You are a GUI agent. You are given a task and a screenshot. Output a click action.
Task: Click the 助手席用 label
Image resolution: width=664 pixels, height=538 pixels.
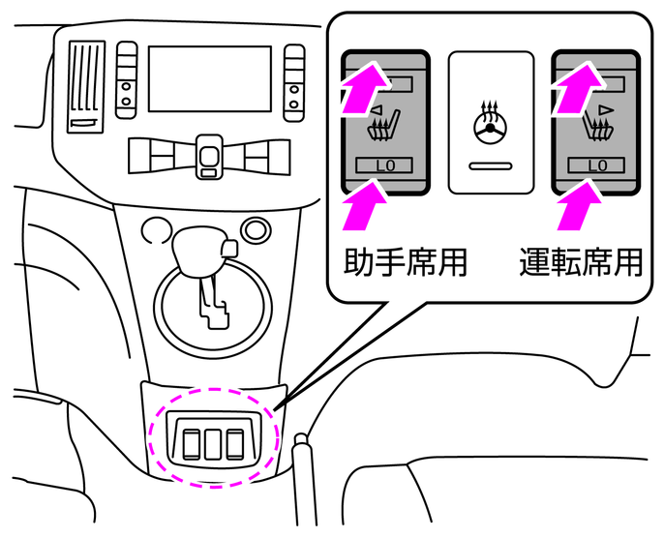pos(406,262)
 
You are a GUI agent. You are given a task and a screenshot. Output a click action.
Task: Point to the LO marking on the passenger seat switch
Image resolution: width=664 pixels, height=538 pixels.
pos(385,165)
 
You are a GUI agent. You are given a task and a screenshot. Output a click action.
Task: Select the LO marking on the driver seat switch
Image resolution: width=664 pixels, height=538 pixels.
pos(596,165)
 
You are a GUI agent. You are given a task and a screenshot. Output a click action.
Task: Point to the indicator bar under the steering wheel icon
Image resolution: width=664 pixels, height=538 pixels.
pos(490,165)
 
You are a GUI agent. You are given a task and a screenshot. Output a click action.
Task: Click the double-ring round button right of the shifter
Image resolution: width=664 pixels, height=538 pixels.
pos(256,229)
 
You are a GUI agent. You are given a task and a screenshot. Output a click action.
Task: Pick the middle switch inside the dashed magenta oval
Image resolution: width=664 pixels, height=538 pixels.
pos(211,443)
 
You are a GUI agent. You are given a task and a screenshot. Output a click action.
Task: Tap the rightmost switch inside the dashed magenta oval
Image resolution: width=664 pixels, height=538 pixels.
pos(234,443)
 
